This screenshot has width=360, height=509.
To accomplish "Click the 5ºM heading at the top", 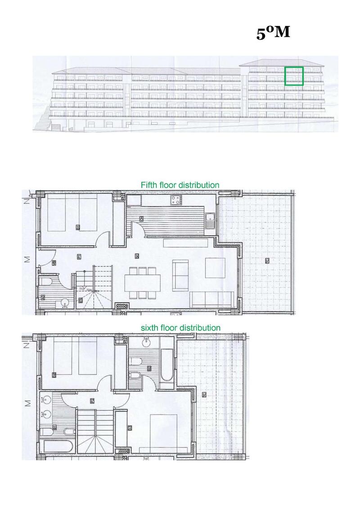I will click(273, 33).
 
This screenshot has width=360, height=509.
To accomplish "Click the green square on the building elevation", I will click(294, 76).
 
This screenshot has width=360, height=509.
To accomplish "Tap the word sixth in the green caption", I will click(150, 328).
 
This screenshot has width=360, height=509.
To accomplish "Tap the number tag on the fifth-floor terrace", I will click(267, 260).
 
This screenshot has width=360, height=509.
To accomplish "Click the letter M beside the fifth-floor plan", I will click(27, 259).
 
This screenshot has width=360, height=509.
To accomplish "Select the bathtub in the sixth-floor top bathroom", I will click(164, 364).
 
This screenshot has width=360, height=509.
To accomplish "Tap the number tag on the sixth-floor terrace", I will click(204, 395).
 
